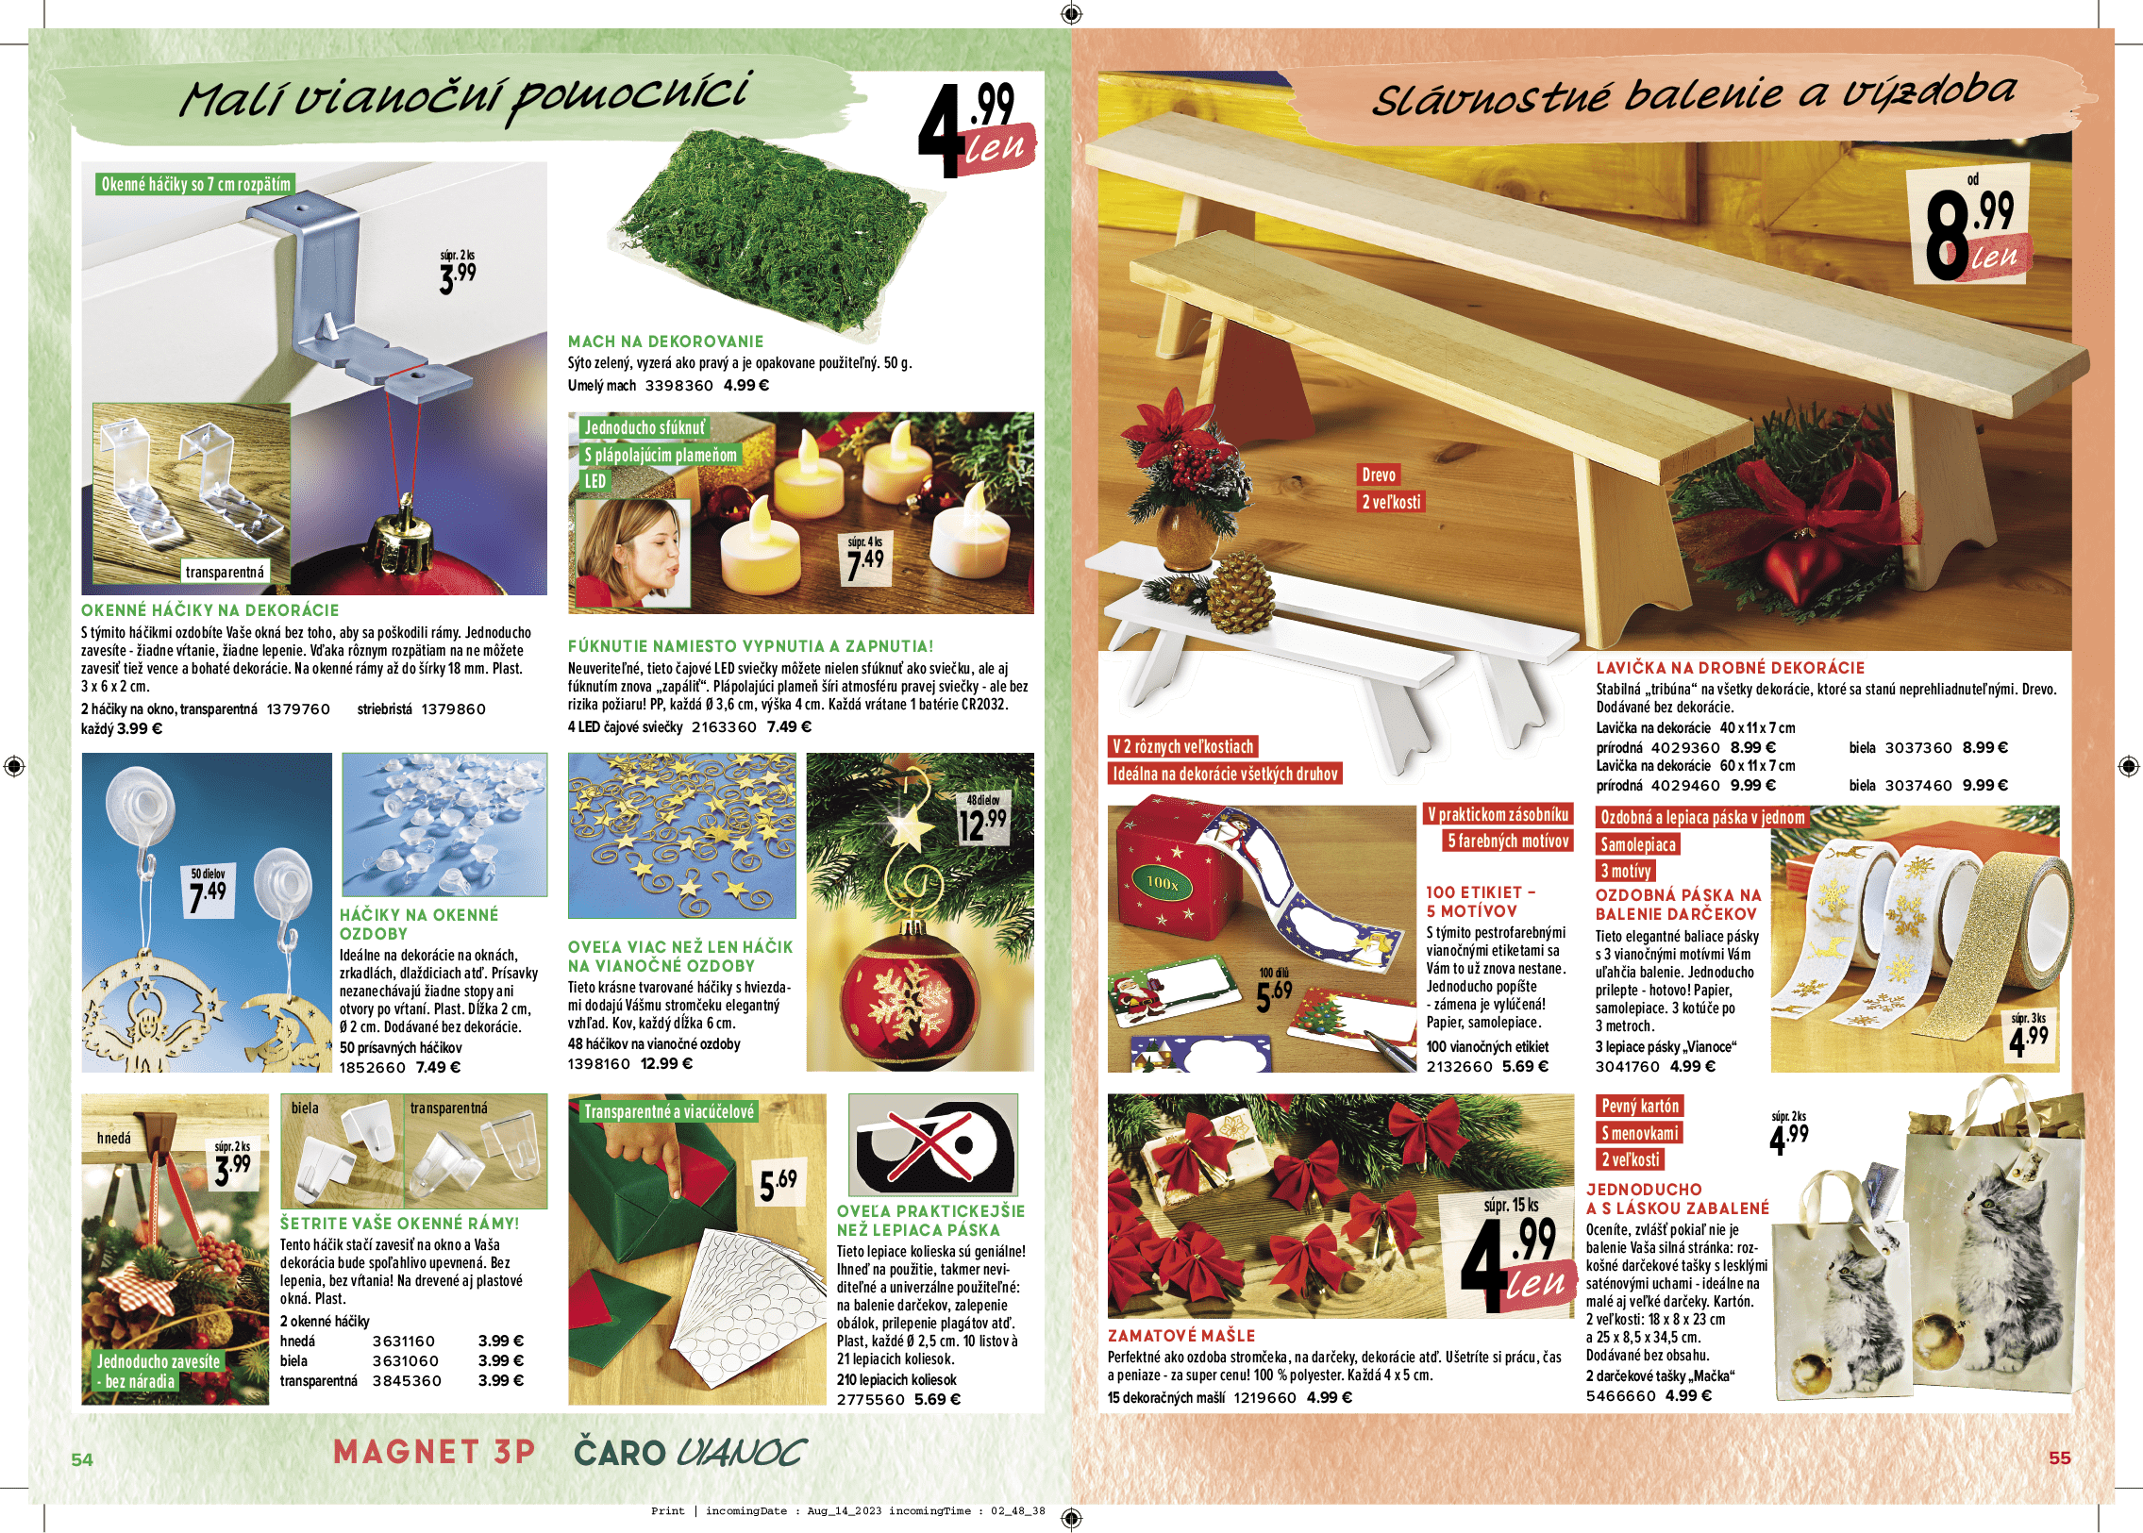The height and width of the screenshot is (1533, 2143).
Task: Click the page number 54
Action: click(82, 1459)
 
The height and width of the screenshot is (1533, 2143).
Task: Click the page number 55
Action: click(2060, 1458)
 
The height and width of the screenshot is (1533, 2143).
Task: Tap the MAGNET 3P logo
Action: click(434, 1452)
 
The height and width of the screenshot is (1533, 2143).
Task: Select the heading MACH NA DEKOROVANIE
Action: click(665, 342)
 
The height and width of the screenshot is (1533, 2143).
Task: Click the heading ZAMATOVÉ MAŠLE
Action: click(1181, 1336)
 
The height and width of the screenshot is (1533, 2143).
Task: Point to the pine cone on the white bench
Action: click(1240, 594)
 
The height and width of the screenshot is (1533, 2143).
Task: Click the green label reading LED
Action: click(594, 481)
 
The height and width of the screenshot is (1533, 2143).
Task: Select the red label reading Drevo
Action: click(1379, 475)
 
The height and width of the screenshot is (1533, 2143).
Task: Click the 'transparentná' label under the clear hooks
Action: click(225, 572)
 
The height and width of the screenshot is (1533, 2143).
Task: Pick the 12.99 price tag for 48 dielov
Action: click(982, 820)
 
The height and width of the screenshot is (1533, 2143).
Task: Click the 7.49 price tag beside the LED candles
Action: click(865, 559)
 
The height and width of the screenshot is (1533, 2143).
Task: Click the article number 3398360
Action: click(679, 386)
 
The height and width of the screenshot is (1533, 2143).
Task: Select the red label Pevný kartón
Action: click(1640, 1107)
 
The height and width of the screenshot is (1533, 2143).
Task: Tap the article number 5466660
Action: click(1621, 1396)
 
